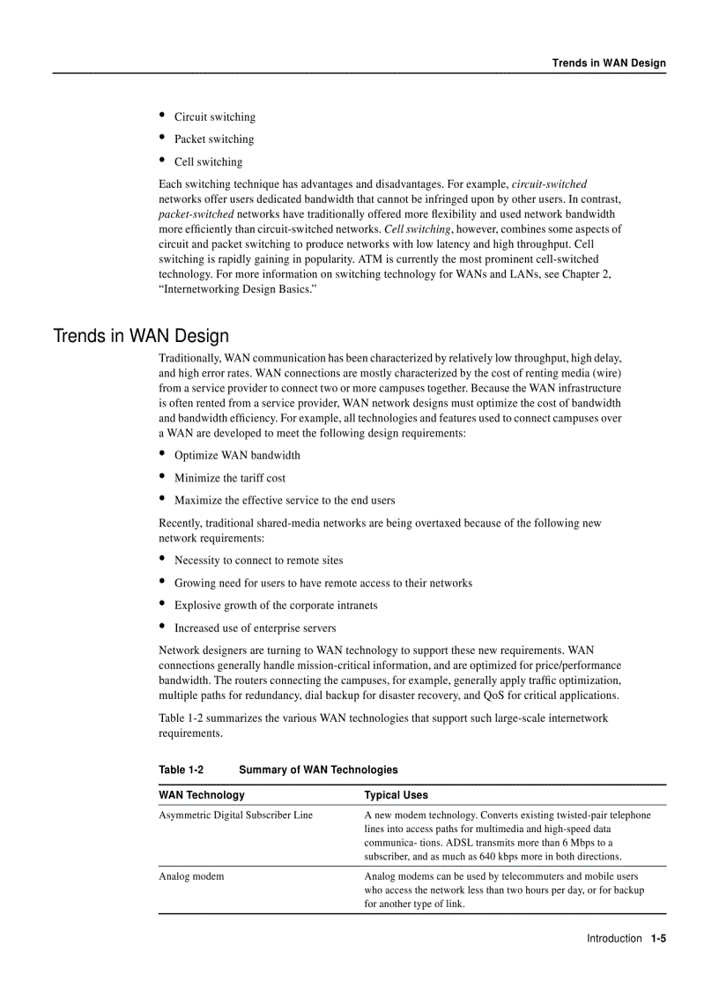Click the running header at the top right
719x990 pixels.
tap(609, 63)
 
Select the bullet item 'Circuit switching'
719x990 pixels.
tap(214, 117)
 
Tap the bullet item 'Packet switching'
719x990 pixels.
tap(213, 139)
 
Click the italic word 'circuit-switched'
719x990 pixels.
tap(549, 184)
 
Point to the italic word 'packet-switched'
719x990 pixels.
tap(196, 214)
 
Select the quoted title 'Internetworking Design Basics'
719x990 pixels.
tap(237, 289)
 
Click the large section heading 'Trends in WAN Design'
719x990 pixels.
tap(141, 336)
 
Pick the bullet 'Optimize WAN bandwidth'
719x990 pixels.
tap(237, 456)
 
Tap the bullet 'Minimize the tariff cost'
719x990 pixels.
tap(229, 478)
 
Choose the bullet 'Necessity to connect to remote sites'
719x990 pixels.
tap(258, 561)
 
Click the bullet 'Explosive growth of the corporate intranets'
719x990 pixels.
tap(275, 606)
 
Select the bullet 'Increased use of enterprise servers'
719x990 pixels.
tap(255, 629)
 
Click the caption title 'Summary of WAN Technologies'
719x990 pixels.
tap(318, 770)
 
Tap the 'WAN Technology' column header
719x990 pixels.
tap(202, 795)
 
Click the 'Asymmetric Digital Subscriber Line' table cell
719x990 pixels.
tap(235, 815)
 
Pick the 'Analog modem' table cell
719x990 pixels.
tap(191, 877)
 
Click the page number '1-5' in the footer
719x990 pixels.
tap(658, 939)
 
